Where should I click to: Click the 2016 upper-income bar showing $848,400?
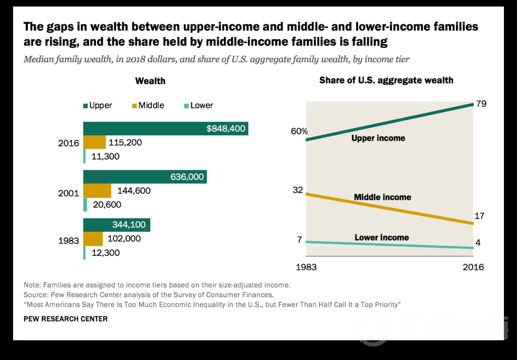[x=165, y=129]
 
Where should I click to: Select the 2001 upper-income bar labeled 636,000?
[x=145, y=177]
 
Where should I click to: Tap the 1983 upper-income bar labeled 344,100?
[x=117, y=225]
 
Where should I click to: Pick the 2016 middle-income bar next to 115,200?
[x=95, y=143]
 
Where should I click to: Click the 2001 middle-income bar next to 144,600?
[x=97, y=191]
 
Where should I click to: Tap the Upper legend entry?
[x=97, y=105]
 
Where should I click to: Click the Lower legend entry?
[x=198, y=105]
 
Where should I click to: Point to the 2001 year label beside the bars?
[x=68, y=193]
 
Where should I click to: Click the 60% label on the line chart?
[x=299, y=132]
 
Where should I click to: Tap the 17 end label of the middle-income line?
[x=479, y=216]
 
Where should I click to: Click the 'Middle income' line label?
[x=382, y=197]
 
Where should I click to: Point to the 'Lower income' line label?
[x=381, y=237]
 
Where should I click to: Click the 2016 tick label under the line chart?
[x=473, y=267]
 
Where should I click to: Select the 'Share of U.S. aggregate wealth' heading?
[x=386, y=80]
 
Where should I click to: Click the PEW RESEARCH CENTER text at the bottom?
[x=66, y=319]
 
